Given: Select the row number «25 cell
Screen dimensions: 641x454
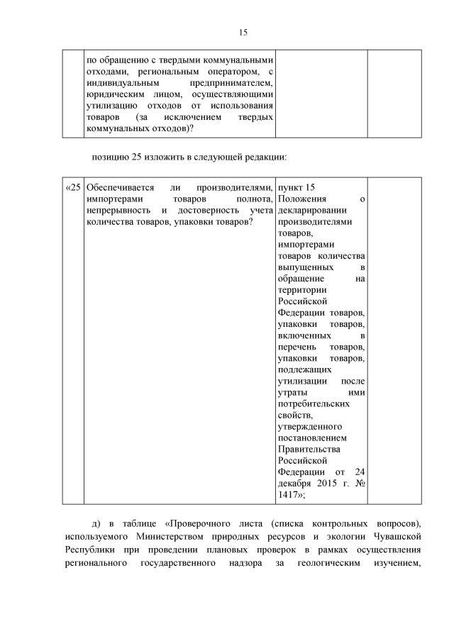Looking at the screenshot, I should click(x=73, y=188).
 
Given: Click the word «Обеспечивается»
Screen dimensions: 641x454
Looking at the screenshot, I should click(x=119, y=188).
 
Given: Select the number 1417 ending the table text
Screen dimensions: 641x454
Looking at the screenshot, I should click(x=289, y=494).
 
